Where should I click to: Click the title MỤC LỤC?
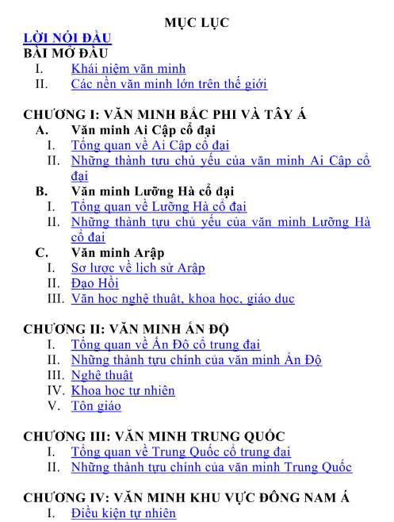tap(197, 22)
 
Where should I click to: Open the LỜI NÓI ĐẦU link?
tap(67, 38)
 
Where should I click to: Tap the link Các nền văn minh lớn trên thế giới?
tap(169, 83)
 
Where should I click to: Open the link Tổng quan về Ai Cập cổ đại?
tap(150, 145)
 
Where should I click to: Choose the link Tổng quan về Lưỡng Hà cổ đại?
tap(159, 206)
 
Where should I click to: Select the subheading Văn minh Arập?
tap(117, 252)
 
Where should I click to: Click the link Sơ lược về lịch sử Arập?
tap(138, 268)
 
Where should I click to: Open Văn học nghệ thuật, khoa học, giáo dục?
tap(182, 299)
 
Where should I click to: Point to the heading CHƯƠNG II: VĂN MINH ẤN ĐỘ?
tap(130, 329)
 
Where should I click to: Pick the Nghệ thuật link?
tap(101, 375)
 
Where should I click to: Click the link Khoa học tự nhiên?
tap(123, 390)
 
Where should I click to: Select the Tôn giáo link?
tap(96, 406)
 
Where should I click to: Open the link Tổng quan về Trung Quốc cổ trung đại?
tap(181, 452)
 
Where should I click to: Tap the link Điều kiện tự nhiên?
tap(123, 513)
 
